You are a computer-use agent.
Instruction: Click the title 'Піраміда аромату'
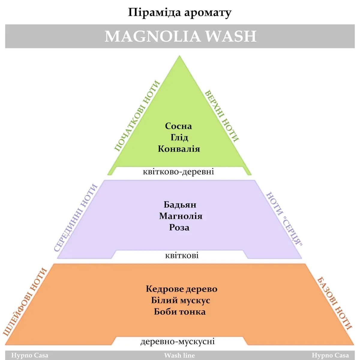pos(180,13)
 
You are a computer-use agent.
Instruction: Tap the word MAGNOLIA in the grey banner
pos(152,36)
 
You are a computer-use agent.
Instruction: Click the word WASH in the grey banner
pos(231,36)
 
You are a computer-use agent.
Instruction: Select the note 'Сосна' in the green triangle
pos(178,126)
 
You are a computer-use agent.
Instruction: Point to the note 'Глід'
pos(179,137)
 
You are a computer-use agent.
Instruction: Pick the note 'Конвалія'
pos(179,149)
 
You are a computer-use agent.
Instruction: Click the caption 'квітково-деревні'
pos(178,172)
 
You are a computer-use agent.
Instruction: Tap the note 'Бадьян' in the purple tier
pos(180,205)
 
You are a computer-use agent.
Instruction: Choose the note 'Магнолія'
pos(181,216)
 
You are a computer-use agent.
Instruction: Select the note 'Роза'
pos(179,227)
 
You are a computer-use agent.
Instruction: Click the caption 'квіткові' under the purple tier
pos(182,256)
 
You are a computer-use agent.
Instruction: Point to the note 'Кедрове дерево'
pos(181,289)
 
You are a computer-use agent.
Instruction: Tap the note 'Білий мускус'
pos(181,300)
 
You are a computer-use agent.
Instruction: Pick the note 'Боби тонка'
pos(180,312)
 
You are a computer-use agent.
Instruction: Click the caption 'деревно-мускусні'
pos(178,341)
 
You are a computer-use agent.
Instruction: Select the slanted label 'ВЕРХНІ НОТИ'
pos(222,116)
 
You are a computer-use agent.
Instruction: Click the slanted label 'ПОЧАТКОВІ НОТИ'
pos(137,116)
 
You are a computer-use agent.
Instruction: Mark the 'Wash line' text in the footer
pos(179,355)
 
